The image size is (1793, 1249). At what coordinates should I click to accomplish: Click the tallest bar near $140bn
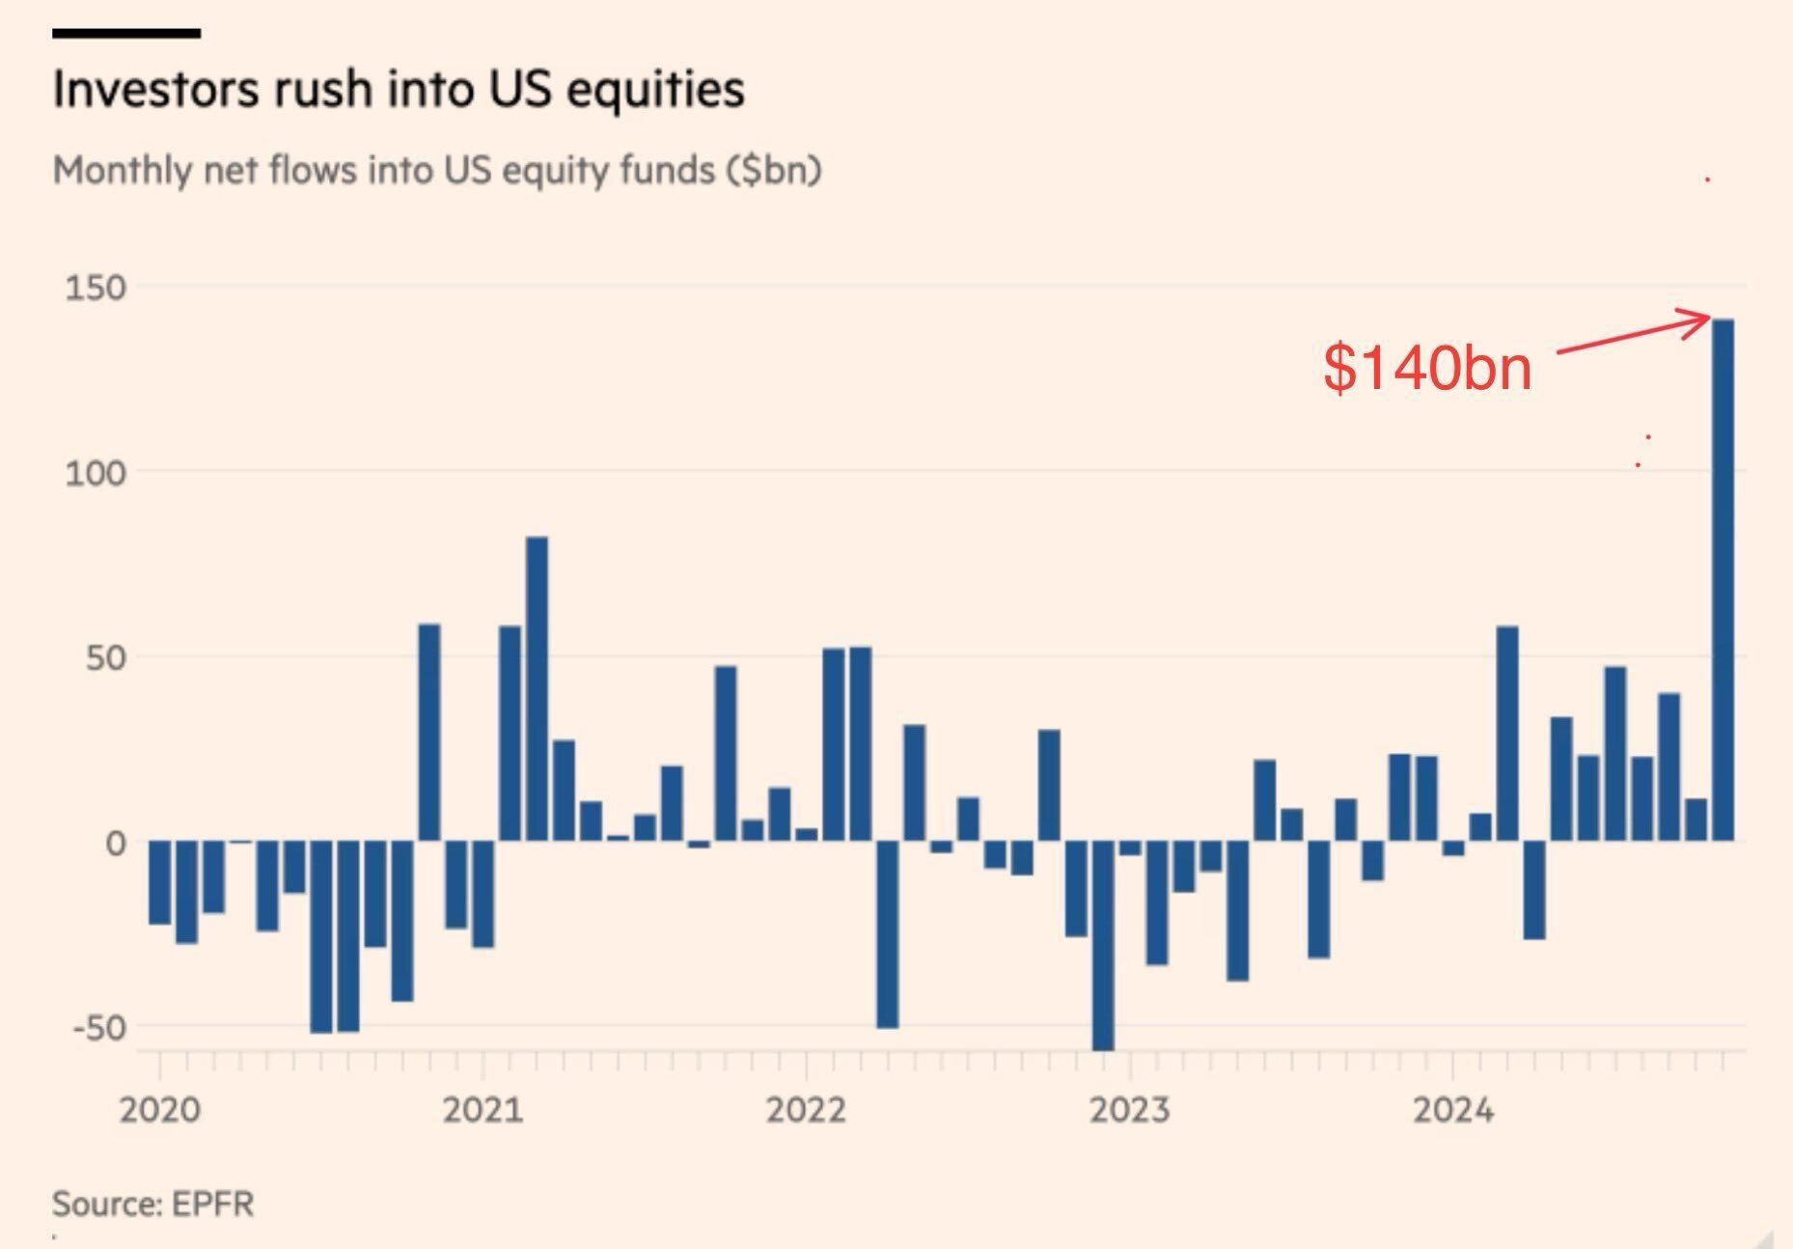coord(1723,579)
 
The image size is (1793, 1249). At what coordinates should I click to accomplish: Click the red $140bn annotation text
coord(1426,368)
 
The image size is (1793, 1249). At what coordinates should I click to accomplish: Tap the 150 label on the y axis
coord(96,288)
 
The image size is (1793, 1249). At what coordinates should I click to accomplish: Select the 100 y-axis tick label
coord(96,473)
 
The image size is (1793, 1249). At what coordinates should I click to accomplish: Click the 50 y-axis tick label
coord(106,658)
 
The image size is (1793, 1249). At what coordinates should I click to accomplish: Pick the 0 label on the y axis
coord(116,844)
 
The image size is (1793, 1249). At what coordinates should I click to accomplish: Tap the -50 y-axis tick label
coord(99,1028)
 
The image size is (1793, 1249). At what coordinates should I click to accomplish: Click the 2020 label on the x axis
coord(159,1110)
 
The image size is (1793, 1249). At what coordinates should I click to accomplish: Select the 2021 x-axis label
coord(483,1110)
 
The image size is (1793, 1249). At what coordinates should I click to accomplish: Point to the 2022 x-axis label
coord(806,1110)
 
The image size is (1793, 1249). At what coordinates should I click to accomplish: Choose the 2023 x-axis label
coord(1129,1110)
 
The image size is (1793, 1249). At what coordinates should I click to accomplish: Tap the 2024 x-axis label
coord(1452,1110)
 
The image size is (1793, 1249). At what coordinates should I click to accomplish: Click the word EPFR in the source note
coord(213,1204)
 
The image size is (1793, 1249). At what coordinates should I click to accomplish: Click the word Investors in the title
coord(157,90)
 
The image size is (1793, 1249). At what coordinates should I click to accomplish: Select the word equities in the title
coord(655,90)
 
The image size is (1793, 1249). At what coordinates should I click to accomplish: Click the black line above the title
coord(126,34)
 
